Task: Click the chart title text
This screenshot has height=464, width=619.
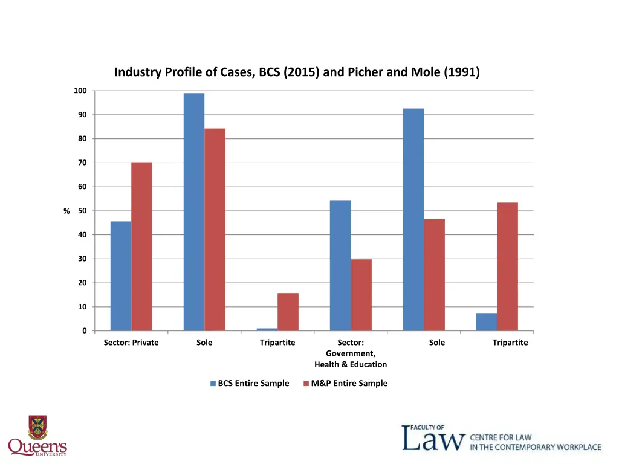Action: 297,72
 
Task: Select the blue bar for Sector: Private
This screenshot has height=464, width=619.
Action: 121,275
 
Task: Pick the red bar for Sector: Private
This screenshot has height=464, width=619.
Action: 141,246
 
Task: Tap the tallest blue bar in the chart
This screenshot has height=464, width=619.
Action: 194,211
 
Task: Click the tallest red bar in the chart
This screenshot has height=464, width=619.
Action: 215,230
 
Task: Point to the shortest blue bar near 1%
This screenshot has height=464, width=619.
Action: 267,329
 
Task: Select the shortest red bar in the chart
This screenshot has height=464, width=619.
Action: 288,312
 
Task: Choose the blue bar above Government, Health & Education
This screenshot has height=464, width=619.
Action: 340,265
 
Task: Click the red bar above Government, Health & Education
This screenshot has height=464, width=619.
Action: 361,295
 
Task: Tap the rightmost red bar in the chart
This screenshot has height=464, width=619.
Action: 507,266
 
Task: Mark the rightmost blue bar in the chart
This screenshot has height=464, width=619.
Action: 487,321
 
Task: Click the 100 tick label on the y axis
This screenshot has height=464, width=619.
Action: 80,91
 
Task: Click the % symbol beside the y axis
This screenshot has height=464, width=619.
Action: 67,211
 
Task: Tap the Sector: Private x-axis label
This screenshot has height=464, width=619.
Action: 131,343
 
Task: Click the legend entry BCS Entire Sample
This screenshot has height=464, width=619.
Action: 249,383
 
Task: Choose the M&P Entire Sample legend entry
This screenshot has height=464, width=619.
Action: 345,383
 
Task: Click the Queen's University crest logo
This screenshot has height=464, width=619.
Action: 37,427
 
